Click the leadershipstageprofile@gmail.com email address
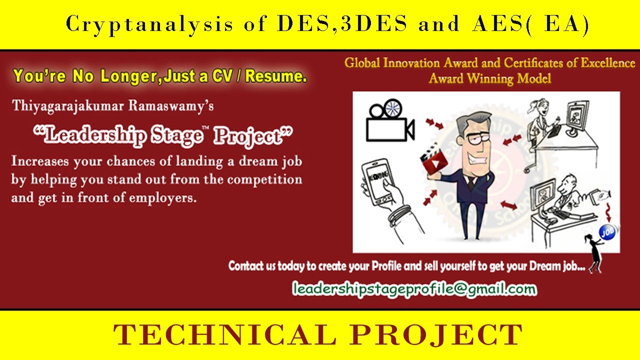pos(414,288)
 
